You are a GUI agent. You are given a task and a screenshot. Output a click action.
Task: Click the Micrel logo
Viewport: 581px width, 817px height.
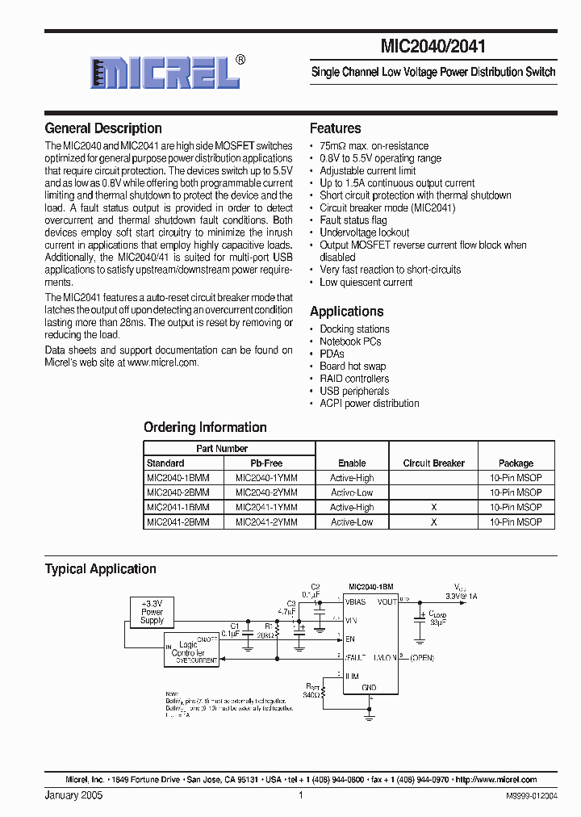click(x=165, y=72)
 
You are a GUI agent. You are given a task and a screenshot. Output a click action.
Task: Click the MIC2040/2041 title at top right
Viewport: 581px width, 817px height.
click(x=439, y=47)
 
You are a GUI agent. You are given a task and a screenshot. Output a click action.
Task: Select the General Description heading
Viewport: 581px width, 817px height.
click(x=103, y=128)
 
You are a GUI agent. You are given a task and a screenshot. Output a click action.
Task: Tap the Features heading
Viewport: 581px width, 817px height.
click(x=336, y=128)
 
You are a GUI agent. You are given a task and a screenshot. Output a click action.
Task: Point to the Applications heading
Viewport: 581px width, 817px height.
click(x=347, y=312)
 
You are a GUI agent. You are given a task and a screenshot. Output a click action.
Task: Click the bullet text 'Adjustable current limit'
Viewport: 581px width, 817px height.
click(x=368, y=171)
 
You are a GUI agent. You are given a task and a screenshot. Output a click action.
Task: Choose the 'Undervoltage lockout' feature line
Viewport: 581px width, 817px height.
click(x=365, y=233)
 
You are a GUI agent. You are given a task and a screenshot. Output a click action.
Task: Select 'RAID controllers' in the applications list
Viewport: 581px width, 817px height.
click(x=354, y=379)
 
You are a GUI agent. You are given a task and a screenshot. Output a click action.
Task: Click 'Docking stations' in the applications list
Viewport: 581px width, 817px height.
click(x=354, y=329)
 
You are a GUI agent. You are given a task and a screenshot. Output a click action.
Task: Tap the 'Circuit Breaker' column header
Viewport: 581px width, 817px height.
click(x=433, y=463)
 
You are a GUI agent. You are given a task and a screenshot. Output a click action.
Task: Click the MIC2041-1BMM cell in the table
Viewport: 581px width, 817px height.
click(x=178, y=508)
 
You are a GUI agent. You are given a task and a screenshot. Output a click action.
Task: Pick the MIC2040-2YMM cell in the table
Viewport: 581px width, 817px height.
click(x=266, y=492)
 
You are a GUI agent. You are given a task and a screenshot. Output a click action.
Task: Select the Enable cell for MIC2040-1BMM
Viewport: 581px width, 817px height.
click(x=352, y=478)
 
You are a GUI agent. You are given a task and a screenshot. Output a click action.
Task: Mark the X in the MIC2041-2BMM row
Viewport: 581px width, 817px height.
click(x=433, y=522)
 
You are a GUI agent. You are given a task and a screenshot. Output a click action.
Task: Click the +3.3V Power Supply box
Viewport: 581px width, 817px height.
click(x=152, y=612)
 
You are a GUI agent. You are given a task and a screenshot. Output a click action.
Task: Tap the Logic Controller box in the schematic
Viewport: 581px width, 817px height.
click(x=191, y=650)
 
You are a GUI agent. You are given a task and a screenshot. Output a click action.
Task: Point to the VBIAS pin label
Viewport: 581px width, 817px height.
click(x=356, y=602)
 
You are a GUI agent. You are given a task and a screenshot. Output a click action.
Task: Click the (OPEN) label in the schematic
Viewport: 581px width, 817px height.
click(x=421, y=658)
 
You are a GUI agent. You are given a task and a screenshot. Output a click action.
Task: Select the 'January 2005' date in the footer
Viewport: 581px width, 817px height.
click(x=73, y=795)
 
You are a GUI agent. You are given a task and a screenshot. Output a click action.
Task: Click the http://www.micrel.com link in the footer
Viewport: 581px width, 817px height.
click(x=496, y=780)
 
